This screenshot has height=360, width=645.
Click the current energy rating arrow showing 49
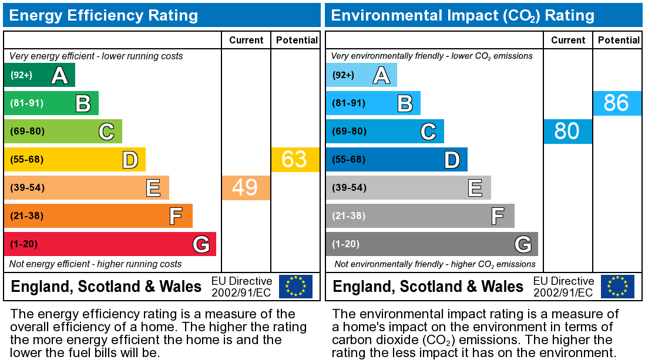[246, 188]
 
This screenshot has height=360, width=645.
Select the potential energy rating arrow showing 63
[295, 160]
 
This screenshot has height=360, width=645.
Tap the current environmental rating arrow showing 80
[567, 132]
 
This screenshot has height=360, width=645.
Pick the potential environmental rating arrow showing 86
[617, 103]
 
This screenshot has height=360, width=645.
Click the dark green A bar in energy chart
[39, 75]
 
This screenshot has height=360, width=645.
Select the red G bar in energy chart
[109, 244]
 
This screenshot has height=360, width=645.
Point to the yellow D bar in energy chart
[74, 160]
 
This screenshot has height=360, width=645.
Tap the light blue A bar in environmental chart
[361, 75]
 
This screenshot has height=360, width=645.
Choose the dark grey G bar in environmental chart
[431, 244]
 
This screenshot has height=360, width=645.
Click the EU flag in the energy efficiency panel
[295, 287]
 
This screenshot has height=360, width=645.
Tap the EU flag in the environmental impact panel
[617, 287]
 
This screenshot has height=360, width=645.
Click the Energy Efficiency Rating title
[103, 15]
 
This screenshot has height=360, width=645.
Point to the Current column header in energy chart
[246, 40]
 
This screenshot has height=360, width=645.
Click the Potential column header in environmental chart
[619, 40]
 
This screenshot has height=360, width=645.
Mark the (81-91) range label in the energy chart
[27, 103]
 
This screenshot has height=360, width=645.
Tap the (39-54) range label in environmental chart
[349, 188]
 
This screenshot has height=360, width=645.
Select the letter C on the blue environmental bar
[428, 132]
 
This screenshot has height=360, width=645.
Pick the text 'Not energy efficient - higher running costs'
[96, 264]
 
